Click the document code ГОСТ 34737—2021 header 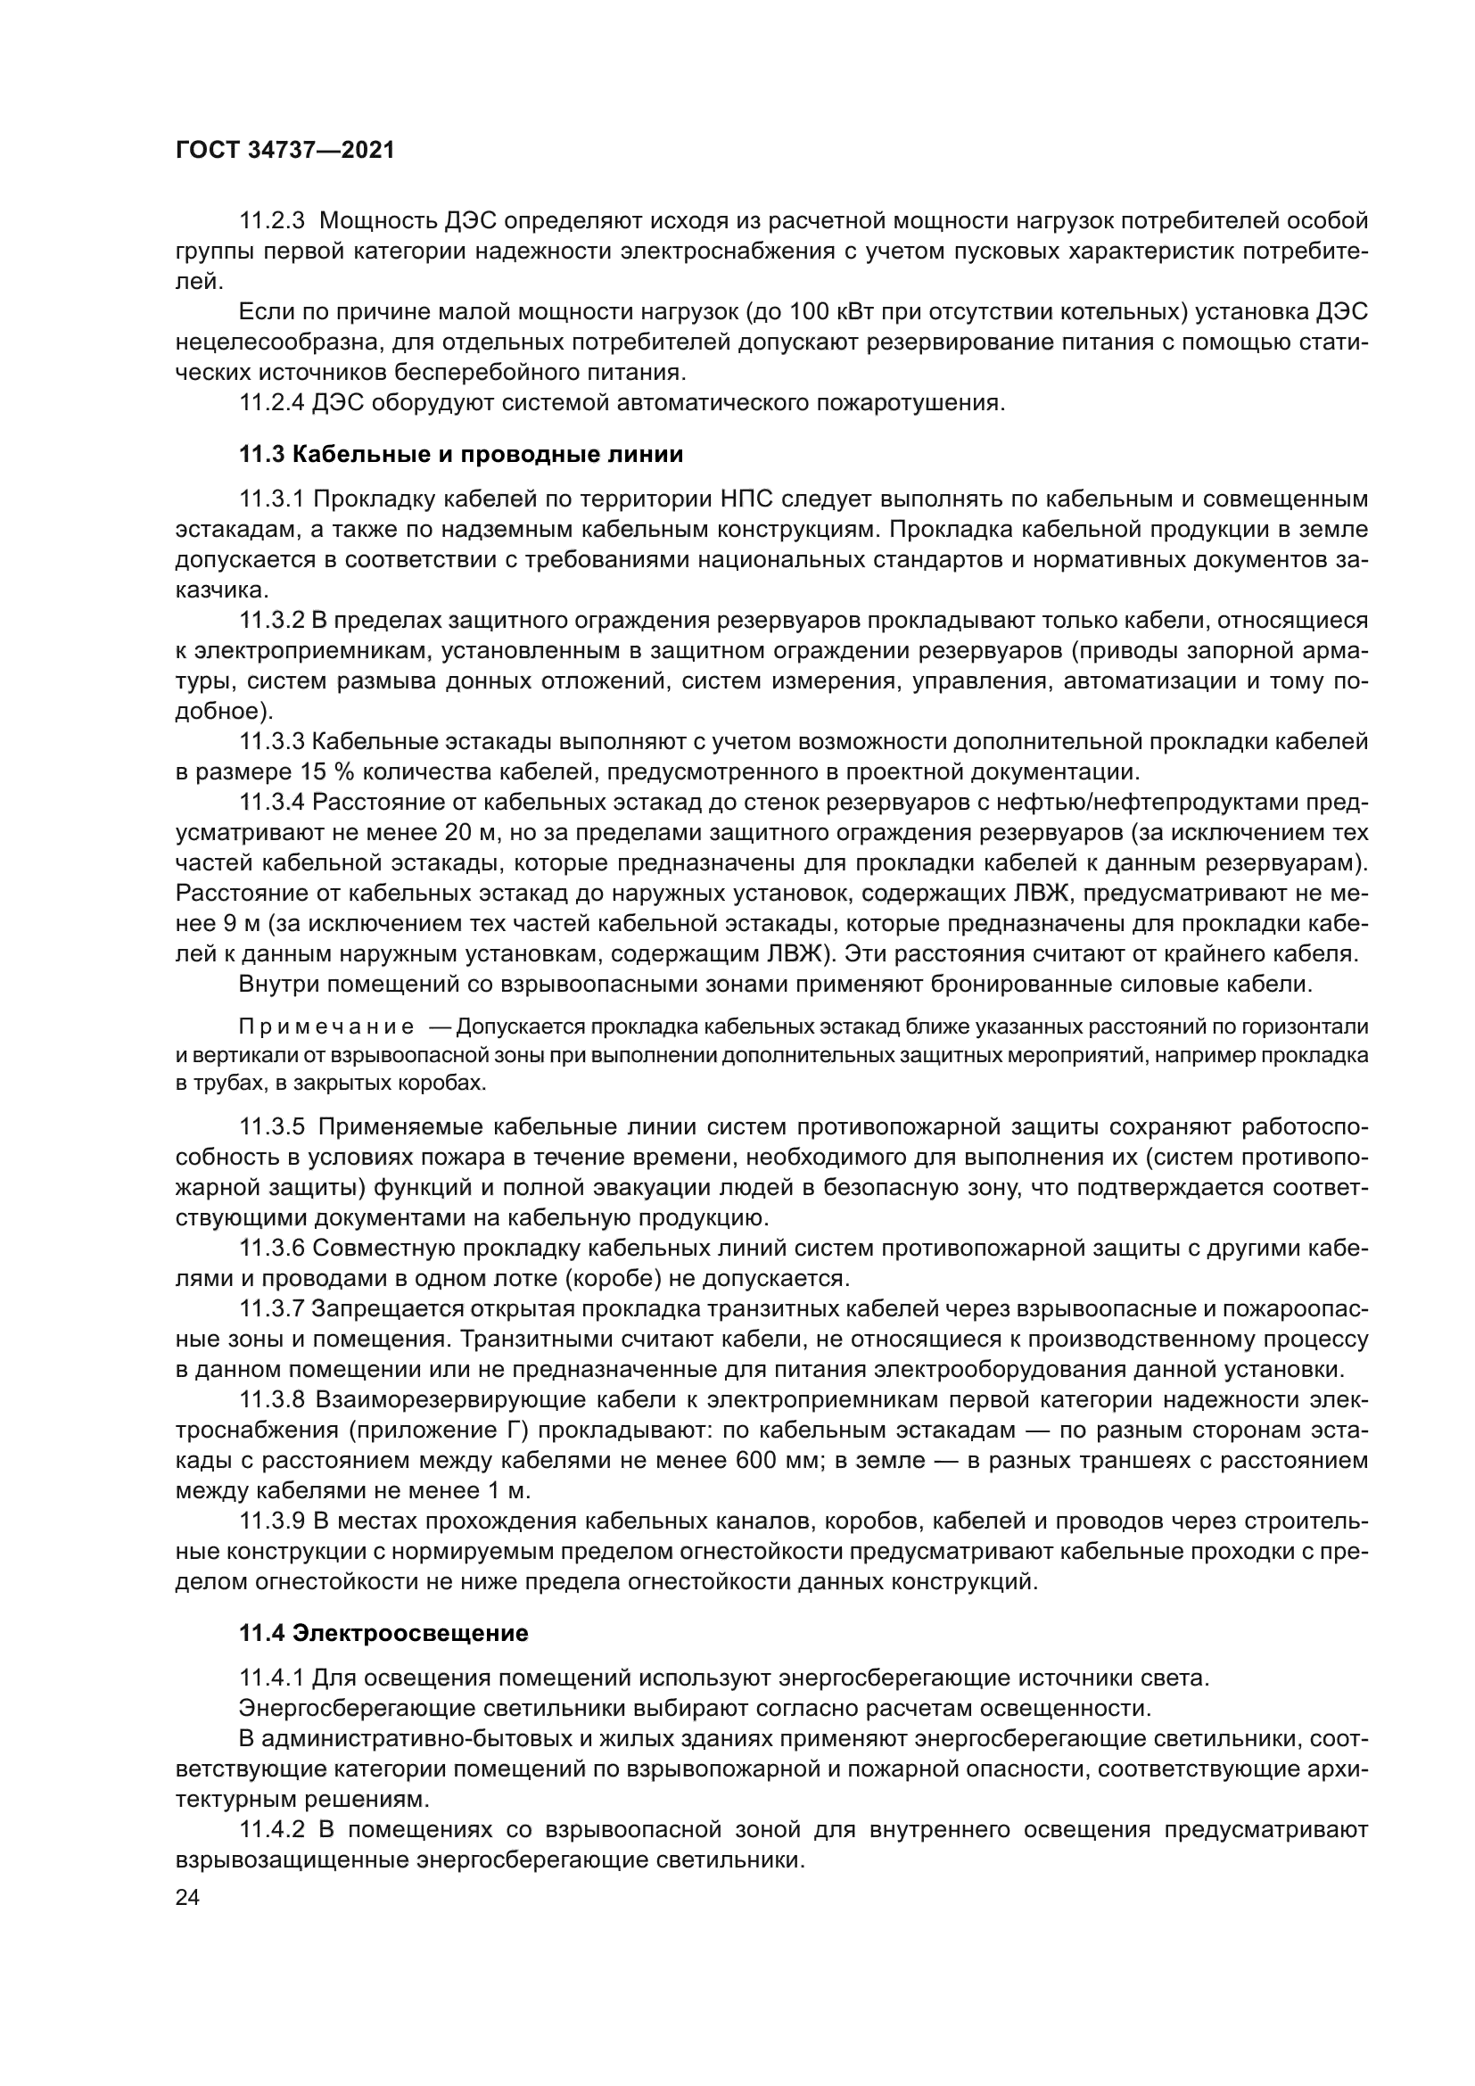pos(285,151)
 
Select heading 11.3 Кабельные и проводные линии pos(460,454)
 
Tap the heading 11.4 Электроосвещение pos(383,1659)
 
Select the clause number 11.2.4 pos(273,402)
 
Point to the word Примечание pos(326,1027)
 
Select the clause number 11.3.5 pos(273,1127)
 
